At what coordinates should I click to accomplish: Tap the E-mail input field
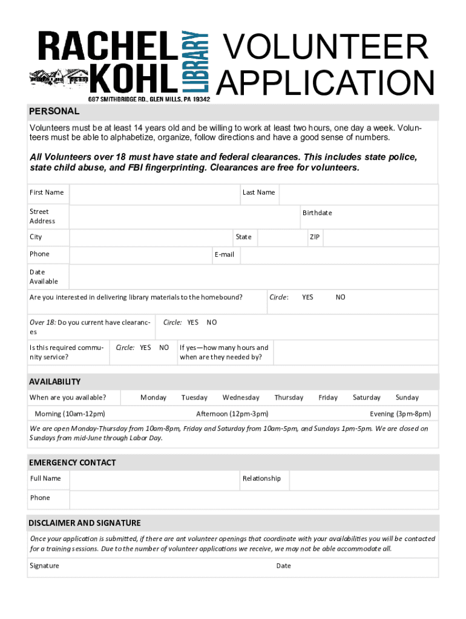(338, 255)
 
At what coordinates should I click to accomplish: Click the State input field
(280, 238)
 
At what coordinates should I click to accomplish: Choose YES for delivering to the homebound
(307, 297)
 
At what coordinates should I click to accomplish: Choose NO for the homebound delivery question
(341, 297)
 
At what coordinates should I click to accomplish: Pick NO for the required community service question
(164, 348)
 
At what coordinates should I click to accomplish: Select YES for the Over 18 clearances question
(192, 322)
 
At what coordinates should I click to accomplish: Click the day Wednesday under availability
(241, 398)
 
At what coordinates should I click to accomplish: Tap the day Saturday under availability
(367, 398)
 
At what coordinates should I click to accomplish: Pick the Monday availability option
(153, 398)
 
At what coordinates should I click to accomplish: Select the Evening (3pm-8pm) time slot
(400, 414)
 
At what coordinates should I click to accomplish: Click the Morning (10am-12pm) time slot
(70, 414)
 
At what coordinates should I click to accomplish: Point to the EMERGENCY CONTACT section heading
(73, 463)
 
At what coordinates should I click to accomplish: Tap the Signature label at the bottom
(45, 566)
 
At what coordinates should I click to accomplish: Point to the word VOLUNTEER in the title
(326, 48)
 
